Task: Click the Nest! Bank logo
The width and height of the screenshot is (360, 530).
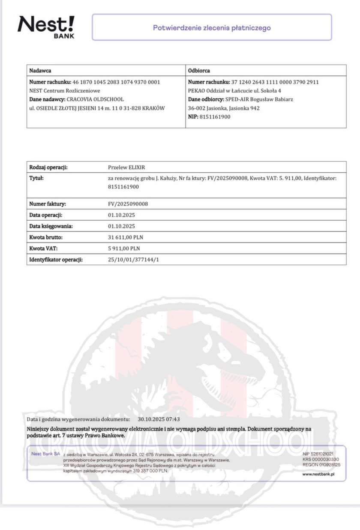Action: click(x=46, y=27)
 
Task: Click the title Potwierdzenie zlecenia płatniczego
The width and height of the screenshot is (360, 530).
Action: click(x=212, y=28)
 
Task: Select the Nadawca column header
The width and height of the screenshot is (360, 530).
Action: click(x=40, y=70)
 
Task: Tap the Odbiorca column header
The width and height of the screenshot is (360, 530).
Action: click(x=199, y=70)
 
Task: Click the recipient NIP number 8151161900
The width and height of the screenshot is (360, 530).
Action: click(x=215, y=117)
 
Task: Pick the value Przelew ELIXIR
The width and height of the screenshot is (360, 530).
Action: click(x=127, y=167)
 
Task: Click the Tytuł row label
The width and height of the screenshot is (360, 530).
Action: click(x=36, y=177)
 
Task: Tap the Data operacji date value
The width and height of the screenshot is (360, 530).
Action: click(x=122, y=215)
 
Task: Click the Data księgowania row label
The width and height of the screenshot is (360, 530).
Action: click(x=51, y=226)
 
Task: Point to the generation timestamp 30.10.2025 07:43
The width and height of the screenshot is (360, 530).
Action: click(x=159, y=419)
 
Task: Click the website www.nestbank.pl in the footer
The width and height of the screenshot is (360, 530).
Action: click(x=318, y=474)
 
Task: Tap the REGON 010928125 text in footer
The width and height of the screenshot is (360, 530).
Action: click(x=321, y=464)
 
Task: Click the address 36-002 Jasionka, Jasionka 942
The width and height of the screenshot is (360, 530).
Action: click(x=223, y=108)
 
